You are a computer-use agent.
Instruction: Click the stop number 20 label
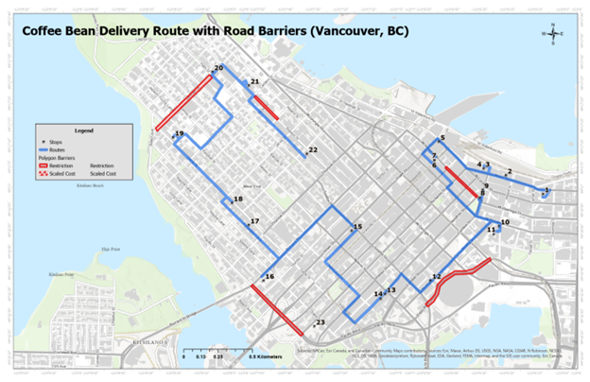[x=218, y=68]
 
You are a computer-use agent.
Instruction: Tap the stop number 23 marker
[x=315, y=325]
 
